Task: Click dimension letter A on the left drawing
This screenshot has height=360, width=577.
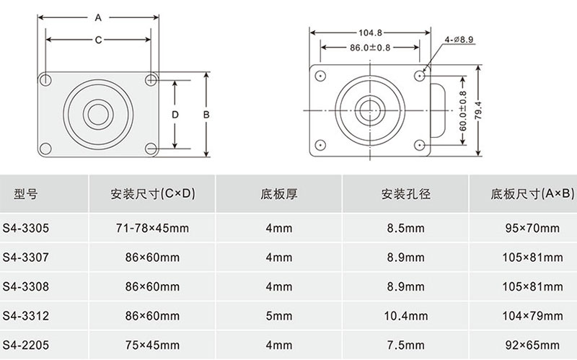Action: (98, 17)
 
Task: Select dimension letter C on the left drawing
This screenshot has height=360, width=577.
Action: (98, 40)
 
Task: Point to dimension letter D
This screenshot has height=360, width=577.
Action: (175, 115)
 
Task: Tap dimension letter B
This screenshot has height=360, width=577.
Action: (206, 115)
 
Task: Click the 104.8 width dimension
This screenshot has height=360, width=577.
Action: (371, 32)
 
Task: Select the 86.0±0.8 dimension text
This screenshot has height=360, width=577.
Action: (370, 48)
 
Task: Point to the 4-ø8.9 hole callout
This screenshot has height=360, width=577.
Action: (459, 40)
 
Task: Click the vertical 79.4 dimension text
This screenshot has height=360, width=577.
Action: (478, 110)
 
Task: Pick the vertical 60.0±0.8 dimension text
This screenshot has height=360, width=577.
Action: (463, 111)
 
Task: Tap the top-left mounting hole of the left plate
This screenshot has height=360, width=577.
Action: (45, 79)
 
